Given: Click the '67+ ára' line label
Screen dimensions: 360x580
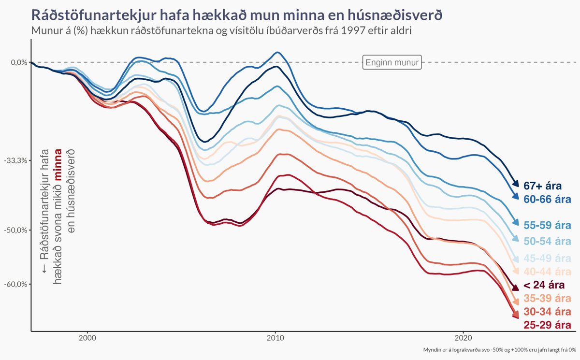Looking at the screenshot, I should tap(547, 186).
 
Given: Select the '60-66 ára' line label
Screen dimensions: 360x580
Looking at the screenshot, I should tap(547, 199).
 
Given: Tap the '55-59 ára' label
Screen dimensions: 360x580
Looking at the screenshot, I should tap(547, 225).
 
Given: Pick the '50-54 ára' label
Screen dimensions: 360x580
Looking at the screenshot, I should tap(547, 241).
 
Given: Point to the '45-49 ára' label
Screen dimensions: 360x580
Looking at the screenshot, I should tap(547, 258).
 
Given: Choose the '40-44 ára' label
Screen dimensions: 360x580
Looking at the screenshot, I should tap(547, 272).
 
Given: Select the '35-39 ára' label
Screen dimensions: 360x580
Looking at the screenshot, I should tap(547, 299).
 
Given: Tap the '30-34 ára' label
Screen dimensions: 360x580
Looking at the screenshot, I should tap(547, 312).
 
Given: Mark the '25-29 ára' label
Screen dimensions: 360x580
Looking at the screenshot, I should tap(547, 325).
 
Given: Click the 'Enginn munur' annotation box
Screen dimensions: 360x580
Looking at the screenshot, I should tap(392, 62).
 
